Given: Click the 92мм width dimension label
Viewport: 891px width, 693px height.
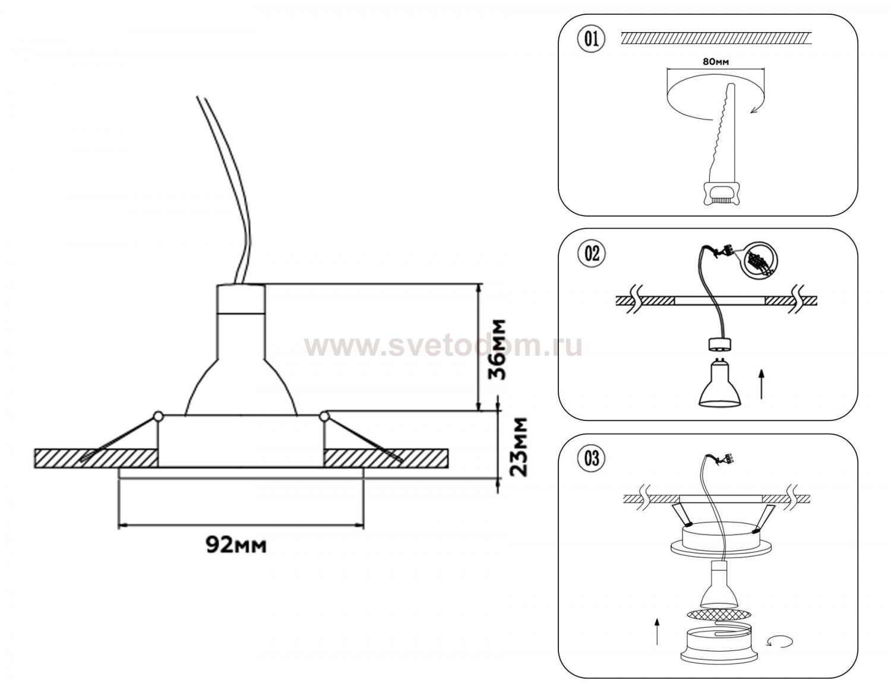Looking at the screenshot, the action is [x=236, y=545].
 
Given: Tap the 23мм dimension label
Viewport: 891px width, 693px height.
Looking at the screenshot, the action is [x=517, y=447].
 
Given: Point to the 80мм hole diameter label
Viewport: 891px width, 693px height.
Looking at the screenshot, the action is [x=716, y=62].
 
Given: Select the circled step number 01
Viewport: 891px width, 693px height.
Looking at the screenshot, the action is [x=591, y=39].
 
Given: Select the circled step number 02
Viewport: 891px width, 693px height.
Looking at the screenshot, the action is [x=591, y=254].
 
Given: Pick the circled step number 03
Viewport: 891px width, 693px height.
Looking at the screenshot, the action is [x=591, y=458].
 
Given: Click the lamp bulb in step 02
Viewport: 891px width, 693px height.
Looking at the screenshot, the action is [x=719, y=385].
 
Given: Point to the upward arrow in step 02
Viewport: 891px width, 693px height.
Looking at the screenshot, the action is [x=762, y=384].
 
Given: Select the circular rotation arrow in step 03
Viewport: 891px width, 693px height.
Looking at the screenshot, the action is [x=781, y=642].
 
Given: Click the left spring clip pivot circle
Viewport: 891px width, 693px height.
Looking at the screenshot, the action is [x=158, y=417].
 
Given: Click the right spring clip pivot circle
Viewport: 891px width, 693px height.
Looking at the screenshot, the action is [x=324, y=417].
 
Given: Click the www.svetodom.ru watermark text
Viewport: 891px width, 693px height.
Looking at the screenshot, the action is [x=443, y=347].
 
